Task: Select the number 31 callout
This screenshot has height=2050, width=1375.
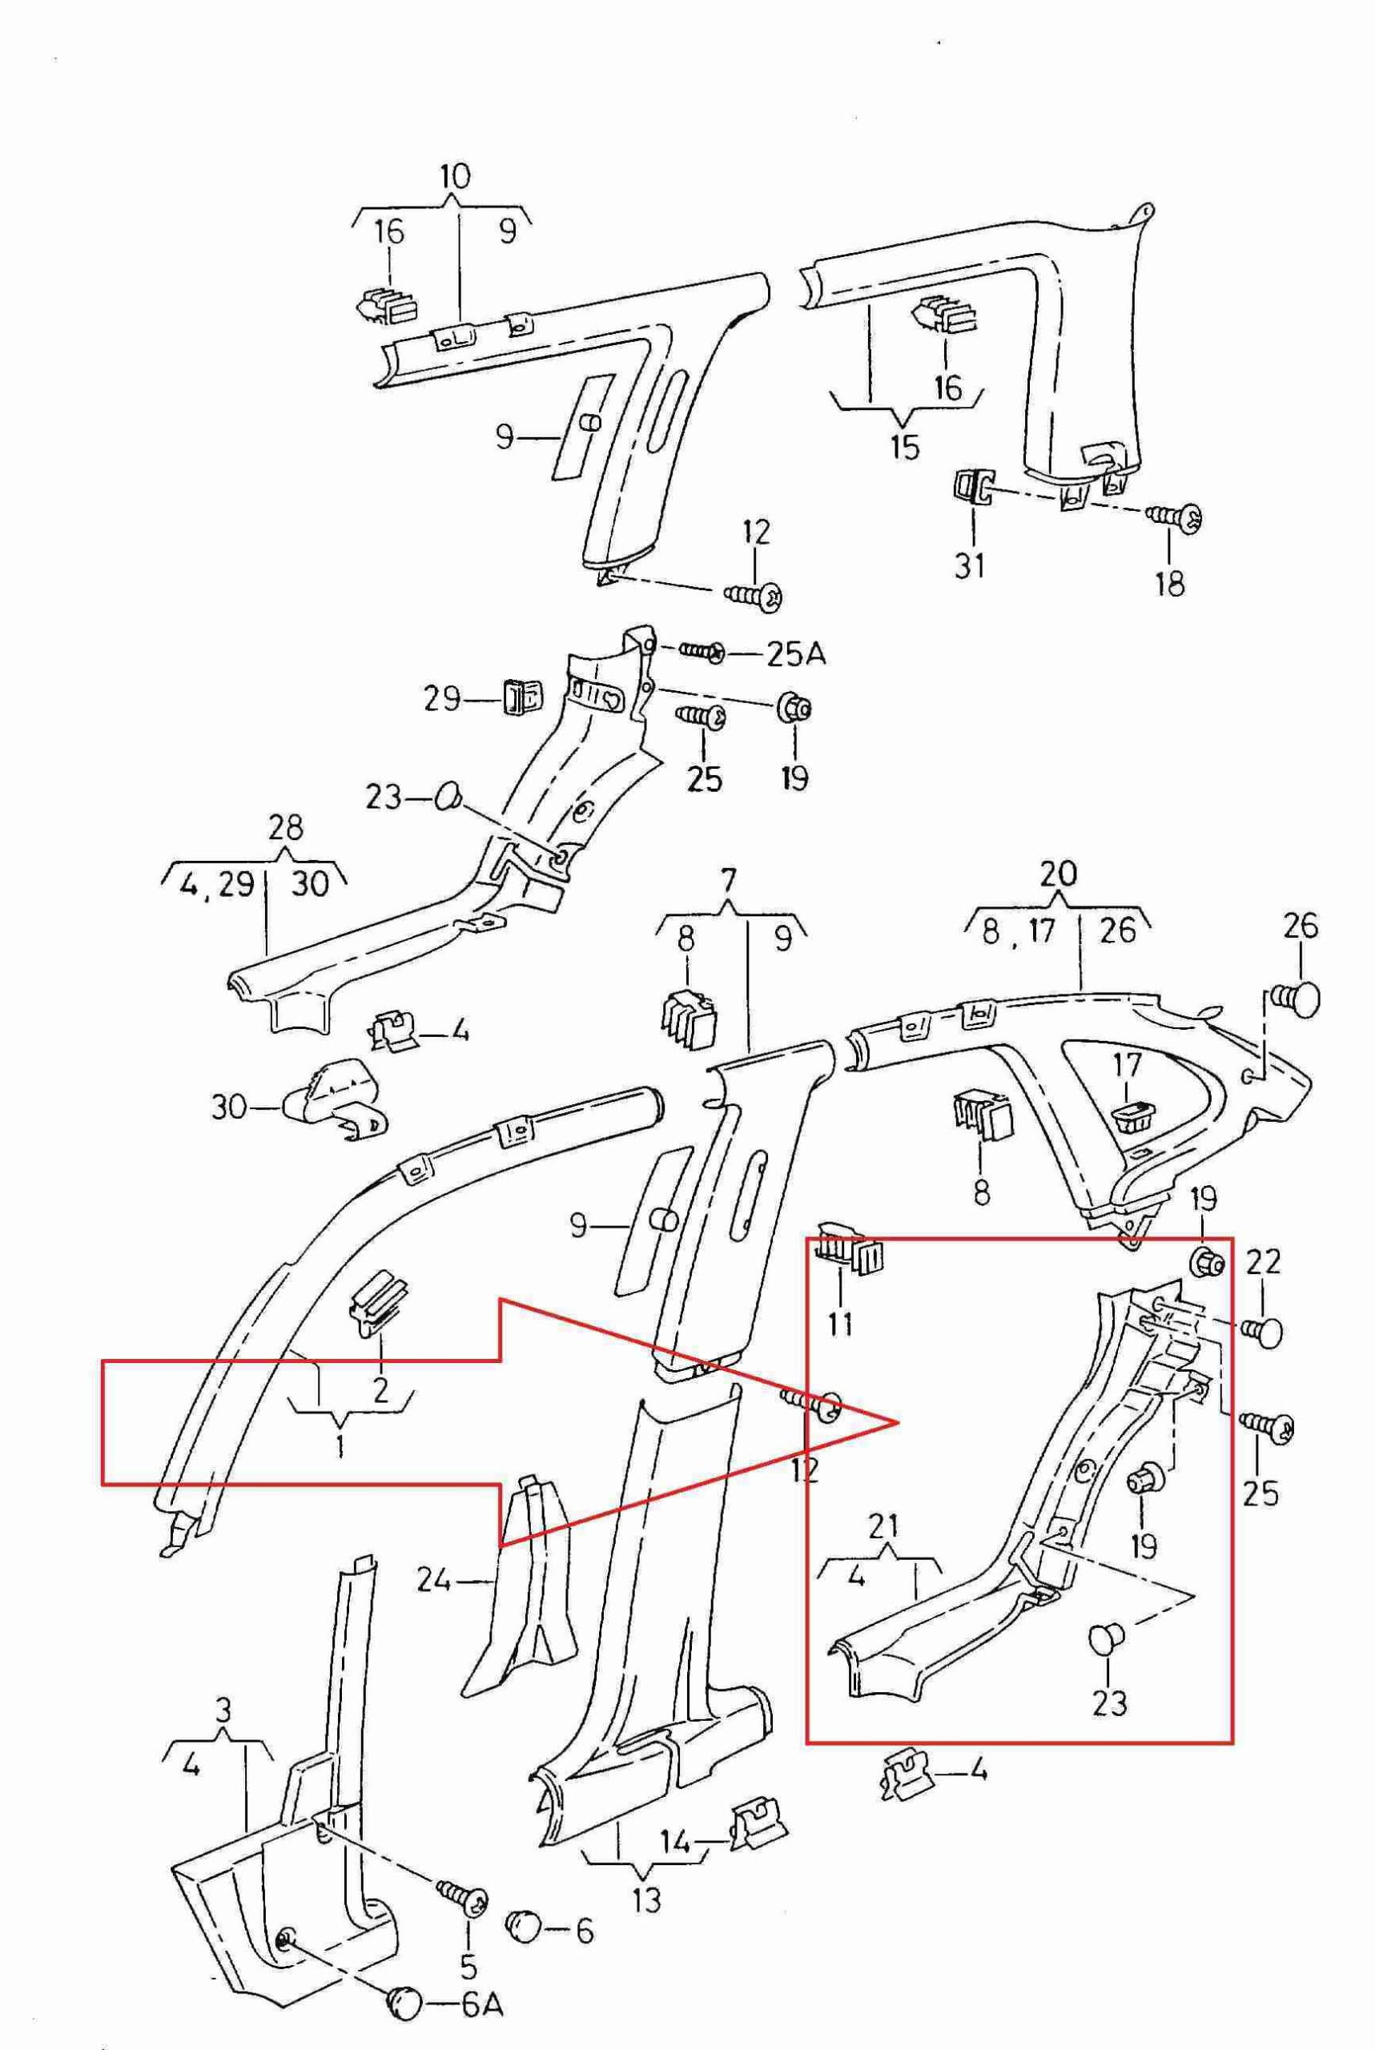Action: click(x=969, y=565)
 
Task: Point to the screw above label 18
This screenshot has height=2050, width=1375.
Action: click(x=1175, y=517)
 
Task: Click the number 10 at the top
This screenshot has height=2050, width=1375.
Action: click(x=455, y=176)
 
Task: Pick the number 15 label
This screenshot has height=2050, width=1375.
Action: click(x=904, y=447)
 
